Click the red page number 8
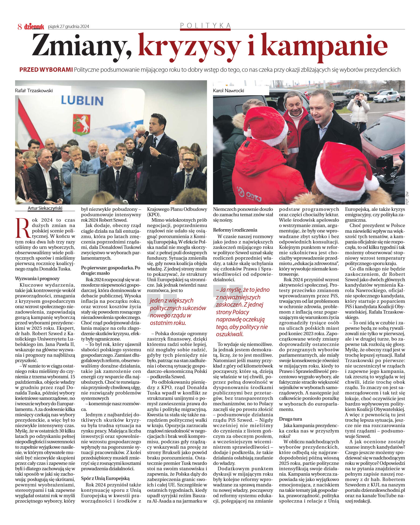[20, 26]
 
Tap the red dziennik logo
[34, 26]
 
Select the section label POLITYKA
[205, 26]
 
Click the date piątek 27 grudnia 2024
[68, 26]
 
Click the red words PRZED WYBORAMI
[46, 70]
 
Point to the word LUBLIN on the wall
[82, 101]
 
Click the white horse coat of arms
[81, 125]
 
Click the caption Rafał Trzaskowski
[34, 91]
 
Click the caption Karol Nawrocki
[228, 91]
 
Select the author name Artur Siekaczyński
[45, 208]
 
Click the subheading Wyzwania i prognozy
[37, 279]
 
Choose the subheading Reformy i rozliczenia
[235, 230]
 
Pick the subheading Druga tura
[290, 419]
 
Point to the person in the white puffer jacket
[359, 111]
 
